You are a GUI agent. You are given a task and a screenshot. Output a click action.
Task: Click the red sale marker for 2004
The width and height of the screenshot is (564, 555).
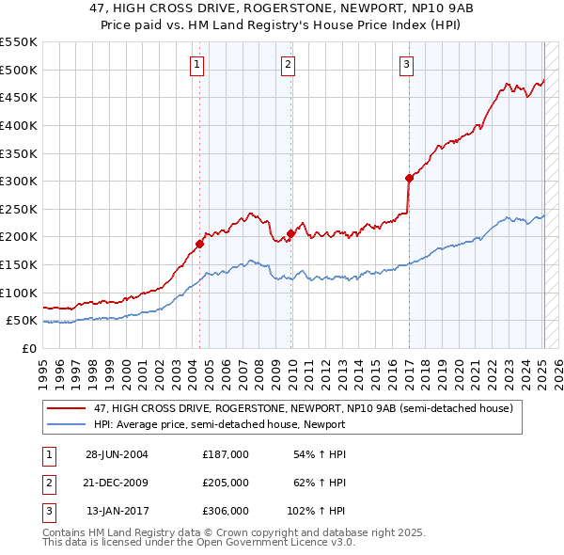(199, 245)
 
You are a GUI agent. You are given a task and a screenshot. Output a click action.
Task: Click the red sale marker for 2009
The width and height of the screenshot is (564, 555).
(290, 234)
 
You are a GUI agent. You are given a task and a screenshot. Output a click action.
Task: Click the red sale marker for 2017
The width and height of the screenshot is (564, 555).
(409, 178)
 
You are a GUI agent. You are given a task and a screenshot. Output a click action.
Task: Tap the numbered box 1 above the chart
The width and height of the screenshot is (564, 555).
(196, 65)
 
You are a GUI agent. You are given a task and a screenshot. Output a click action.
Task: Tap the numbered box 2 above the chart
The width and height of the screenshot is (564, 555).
(288, 65)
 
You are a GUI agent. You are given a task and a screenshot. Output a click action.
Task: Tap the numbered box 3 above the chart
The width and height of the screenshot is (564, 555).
(406, 65)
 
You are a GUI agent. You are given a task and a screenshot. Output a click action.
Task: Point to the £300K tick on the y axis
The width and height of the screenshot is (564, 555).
(19, 181)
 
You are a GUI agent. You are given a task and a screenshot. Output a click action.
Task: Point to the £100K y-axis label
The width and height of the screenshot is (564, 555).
(19, 293)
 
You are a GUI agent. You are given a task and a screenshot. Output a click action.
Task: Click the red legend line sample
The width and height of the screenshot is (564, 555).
(66, 409)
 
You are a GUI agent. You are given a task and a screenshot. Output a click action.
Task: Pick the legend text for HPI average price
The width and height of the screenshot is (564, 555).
(219, 424)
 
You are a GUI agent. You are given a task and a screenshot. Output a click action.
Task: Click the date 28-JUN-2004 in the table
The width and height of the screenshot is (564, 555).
(117, 454)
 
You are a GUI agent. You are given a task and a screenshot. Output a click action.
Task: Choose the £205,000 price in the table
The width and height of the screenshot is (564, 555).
(226, 483)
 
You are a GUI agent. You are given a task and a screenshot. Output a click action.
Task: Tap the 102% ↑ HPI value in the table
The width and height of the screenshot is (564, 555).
(316, 511)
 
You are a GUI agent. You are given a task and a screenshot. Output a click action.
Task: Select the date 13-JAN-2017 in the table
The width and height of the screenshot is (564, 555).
(117, 511)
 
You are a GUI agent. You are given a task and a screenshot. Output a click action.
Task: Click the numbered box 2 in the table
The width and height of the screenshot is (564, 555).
(47, 483)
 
